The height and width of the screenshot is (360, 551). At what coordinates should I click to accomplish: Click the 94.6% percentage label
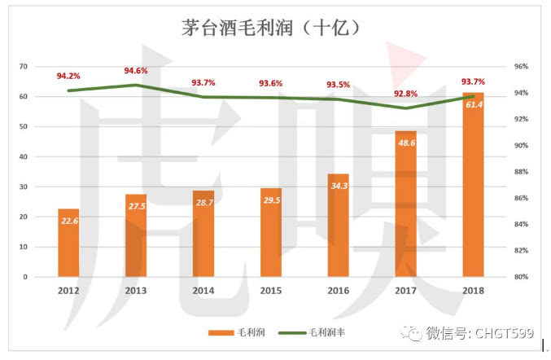coord(136,71)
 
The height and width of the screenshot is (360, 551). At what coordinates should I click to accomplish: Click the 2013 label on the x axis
coord(136,289)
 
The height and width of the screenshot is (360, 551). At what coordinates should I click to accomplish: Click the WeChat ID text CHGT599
coord(511,332)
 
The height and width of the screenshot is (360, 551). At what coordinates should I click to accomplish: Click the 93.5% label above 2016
coord(339,85)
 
